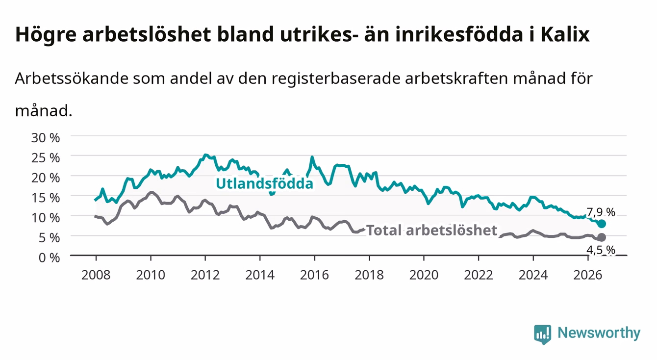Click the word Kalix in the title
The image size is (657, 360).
coord(565,34)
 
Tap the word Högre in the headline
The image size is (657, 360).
coord(46,35)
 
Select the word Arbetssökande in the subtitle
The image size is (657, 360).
coord(72,78)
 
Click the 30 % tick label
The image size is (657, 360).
coord(46,138)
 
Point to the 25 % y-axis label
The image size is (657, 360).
coord(46,157)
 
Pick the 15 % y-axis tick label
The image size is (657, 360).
coord(46,198)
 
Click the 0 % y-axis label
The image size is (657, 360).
coord(49,257)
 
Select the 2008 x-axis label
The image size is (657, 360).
coord(96,275)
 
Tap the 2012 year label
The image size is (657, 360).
coord(205,275)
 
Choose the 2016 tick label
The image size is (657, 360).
coord(314,275)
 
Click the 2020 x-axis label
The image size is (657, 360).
coord(424,275)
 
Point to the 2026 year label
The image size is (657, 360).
coord(588,275)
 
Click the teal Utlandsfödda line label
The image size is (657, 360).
coord(265,183)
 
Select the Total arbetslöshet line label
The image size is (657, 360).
coord(432,230)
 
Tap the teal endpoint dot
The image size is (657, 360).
coord(602,224)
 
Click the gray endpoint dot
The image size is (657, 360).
coord(602,237)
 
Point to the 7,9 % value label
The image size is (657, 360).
coord(601,212)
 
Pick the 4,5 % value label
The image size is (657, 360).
coord(601,250)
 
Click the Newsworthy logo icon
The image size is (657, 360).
coord(543,334)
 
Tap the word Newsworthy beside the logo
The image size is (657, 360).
coord(599,333)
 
